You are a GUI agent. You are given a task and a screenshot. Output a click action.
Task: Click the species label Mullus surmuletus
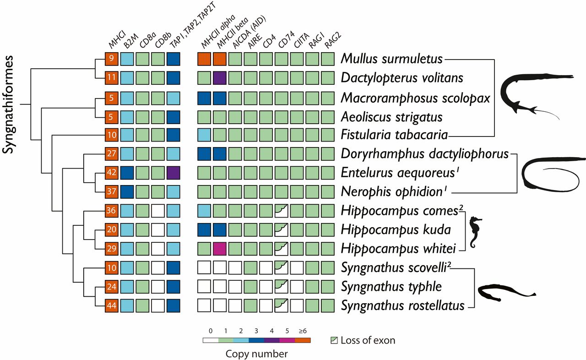[x=392, y=59]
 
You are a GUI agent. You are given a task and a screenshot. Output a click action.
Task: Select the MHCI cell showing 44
[x=112, y=305]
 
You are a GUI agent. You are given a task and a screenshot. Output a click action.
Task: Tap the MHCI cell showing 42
[x=112, y=173]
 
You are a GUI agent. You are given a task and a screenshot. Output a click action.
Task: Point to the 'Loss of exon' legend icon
[x=334, y=340]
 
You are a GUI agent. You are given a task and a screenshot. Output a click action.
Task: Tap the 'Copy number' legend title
[x=256, y=354]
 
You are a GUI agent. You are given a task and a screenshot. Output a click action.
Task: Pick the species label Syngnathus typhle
[x=391, y=286]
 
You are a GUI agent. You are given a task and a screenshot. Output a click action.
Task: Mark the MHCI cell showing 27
[x=112, y=154]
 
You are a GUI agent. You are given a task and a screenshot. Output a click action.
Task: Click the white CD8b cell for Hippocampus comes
[x=158, y=211]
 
